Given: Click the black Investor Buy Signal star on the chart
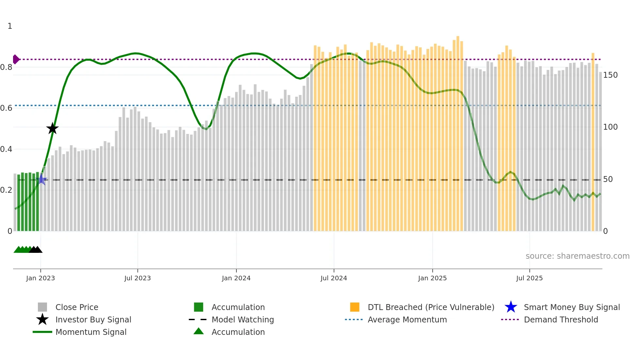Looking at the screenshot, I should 52,129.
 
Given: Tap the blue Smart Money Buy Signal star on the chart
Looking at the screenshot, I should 41,179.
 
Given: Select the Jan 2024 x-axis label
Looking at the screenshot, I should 236,278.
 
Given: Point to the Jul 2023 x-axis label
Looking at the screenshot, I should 137,278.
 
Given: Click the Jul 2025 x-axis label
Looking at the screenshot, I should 529,278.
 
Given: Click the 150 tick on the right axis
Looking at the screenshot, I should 610,75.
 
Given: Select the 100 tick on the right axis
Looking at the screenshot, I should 610,127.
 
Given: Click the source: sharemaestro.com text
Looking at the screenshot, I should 577,256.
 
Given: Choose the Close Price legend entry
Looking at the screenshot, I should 77,307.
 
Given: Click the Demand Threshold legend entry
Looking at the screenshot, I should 561,320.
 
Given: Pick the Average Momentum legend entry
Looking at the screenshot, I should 407,320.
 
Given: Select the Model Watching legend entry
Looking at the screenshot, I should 242,320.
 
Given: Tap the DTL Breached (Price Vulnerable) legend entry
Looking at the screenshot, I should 431,307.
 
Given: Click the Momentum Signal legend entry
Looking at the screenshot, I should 91,332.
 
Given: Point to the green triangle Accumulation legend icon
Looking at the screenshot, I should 199,331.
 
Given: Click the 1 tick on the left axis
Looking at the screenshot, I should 10,26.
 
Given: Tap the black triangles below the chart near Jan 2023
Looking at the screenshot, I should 36,250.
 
